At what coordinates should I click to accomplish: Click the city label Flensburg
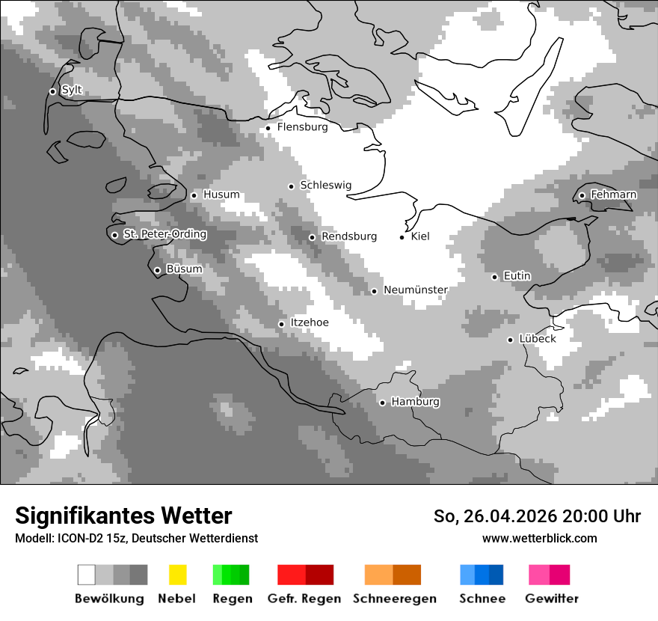click(x=302, y=127)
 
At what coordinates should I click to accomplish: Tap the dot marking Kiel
click(x=402, y=237)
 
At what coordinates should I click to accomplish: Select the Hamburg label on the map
click(x=415, y=402)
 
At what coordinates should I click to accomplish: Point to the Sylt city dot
click(x=52, y=91)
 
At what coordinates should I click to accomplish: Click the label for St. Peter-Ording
click(x=164, y=234)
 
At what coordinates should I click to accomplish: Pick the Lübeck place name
click(x=537, y=339)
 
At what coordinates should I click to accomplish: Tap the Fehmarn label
click(x=613, y=195)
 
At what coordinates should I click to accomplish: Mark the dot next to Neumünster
click(x=375, y=291)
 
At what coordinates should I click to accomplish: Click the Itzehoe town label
click(x=309, y=322)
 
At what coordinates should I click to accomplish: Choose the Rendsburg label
click(x=348, y=236)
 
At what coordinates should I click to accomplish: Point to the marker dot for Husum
click(x=194, y=195)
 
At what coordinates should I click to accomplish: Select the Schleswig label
click(x=325, y=185)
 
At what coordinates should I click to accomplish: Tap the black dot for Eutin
click(x=494, y=277)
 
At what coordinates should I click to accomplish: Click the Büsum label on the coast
click(x=184, y=269)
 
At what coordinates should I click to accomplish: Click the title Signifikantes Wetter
click(x=123, y=516)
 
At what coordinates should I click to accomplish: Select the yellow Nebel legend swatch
click(x=177, y=575)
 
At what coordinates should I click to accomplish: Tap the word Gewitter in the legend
click(x=552, y=599)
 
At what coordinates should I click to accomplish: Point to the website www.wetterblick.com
click(x=539, y=538)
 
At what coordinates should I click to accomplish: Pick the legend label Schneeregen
click(x=394, y=599)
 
